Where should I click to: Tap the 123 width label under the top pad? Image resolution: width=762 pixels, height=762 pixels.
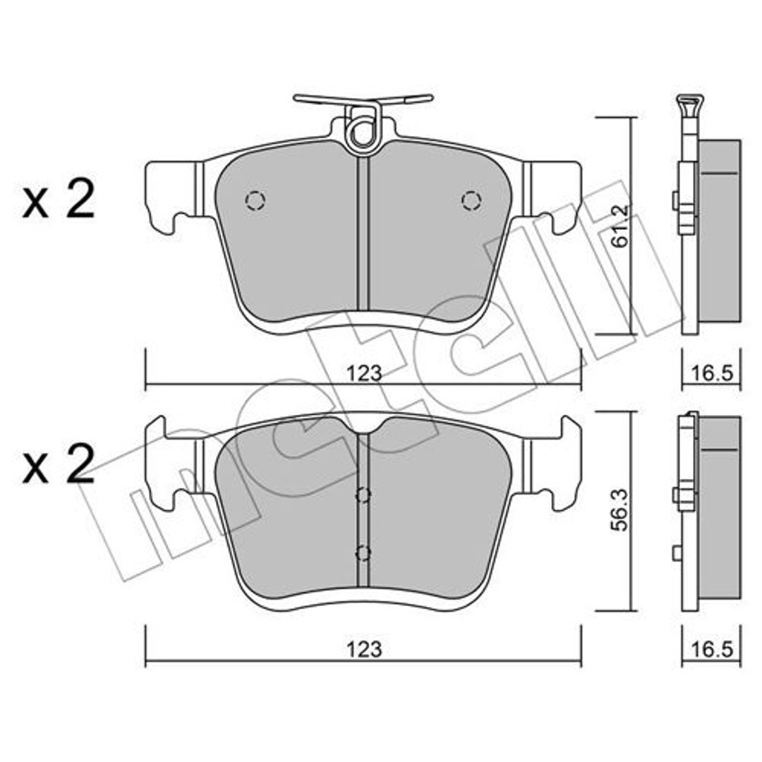(x=364, y=373)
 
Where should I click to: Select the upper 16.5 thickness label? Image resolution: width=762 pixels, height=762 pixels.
(x=711, y=373)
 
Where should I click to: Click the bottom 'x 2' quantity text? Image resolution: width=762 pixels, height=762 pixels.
(x=59, y=464)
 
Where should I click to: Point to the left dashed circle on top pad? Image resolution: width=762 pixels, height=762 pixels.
(x=255, y=200)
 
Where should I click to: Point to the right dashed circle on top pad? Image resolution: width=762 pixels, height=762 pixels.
(x=471, y=200)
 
